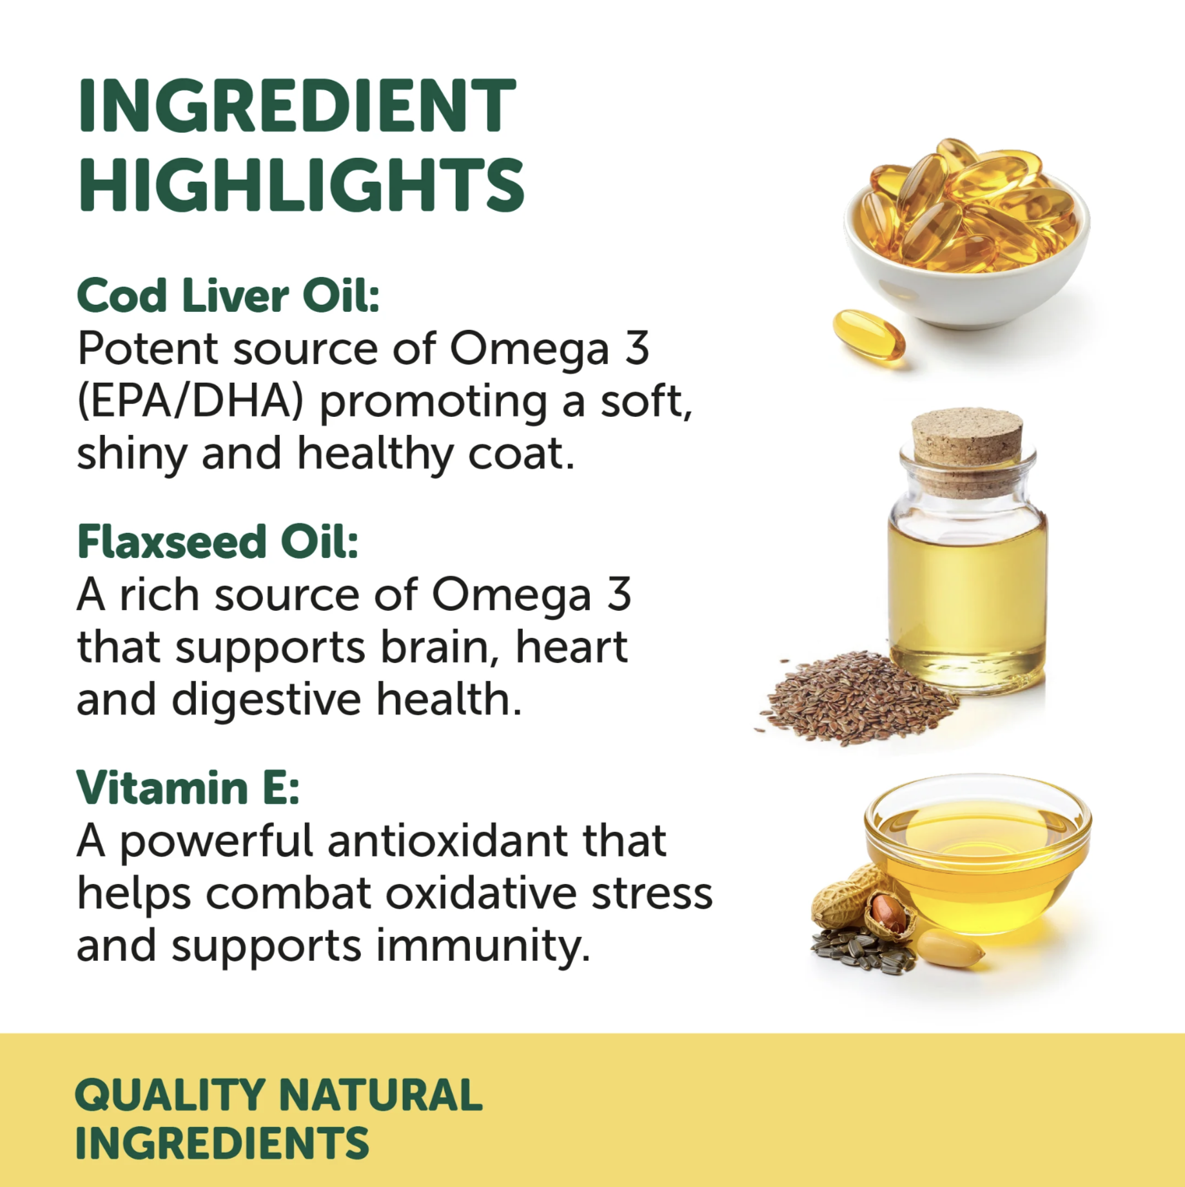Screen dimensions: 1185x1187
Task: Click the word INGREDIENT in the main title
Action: (x=297, y=106)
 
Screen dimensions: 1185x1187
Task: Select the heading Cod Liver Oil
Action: (x=228, y=296)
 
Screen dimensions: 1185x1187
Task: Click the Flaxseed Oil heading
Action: (x=217, y=541)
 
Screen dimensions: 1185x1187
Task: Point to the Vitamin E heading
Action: (x=188, y=787)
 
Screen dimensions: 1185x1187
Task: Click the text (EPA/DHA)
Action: (x=190, y=401)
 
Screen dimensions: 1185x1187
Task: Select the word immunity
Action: (x=483, y=946)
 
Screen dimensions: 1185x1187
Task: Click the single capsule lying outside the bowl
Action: (x=869, y=338)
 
